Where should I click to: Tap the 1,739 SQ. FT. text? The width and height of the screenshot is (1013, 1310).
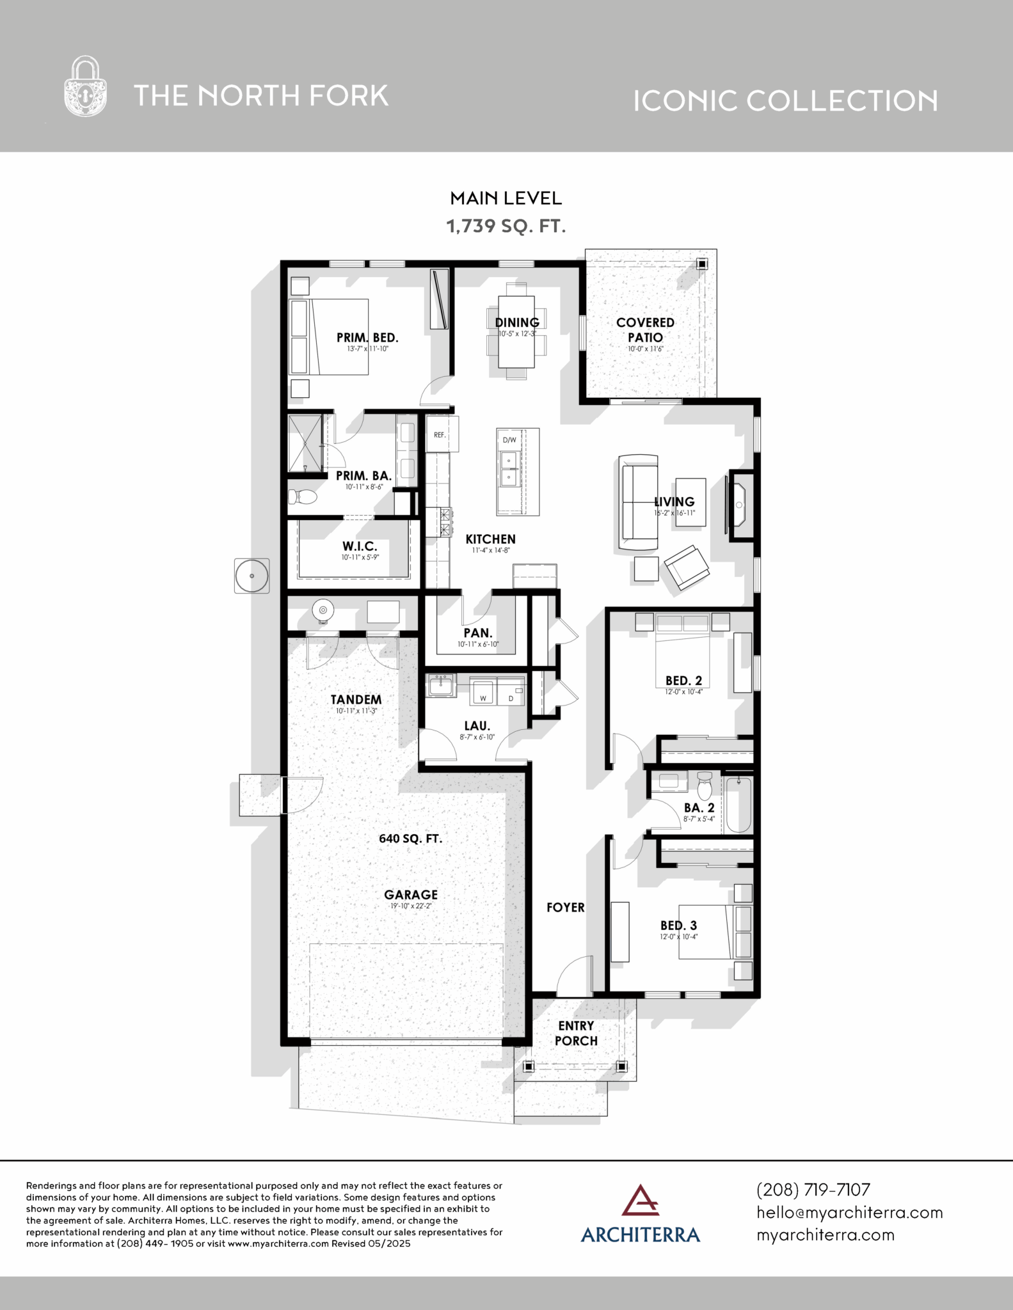pyautogui.click(x=506, y=226)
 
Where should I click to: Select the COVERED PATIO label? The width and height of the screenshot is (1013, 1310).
pyautogui.click(x=645, y=330)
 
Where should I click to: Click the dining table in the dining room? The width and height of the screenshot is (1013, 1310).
pyautogui.click(x=516, y=332)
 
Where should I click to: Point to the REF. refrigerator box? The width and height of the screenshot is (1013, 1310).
pyautogui.click(x=442, y=434)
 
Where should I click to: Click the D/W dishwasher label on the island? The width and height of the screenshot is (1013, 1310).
pyautogui.click(x=509, y=440)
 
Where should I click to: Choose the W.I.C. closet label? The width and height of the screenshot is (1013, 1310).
pyautogui.click(x=360, y=546)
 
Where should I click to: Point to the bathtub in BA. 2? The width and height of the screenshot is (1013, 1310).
pyautogui.click(x=738, y=804)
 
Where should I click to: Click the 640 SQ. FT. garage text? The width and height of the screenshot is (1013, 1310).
pyautogui.click(x=410, y=839)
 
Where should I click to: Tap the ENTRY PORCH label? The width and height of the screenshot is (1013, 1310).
pyautogui.click(x=576, y=1033)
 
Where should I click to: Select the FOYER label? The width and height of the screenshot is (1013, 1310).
pyautogui.click(x=566, y=907)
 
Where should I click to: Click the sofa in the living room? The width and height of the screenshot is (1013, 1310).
pyautogui.click(x=638, y=502)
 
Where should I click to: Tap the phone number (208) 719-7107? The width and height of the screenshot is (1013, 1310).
pyautogui.click(x=813, y=1190)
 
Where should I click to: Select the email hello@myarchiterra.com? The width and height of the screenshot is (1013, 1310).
pyautogui.click(x=850, y=1212)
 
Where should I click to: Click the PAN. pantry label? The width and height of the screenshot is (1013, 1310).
pyautogui.click(x=477, y=633)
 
